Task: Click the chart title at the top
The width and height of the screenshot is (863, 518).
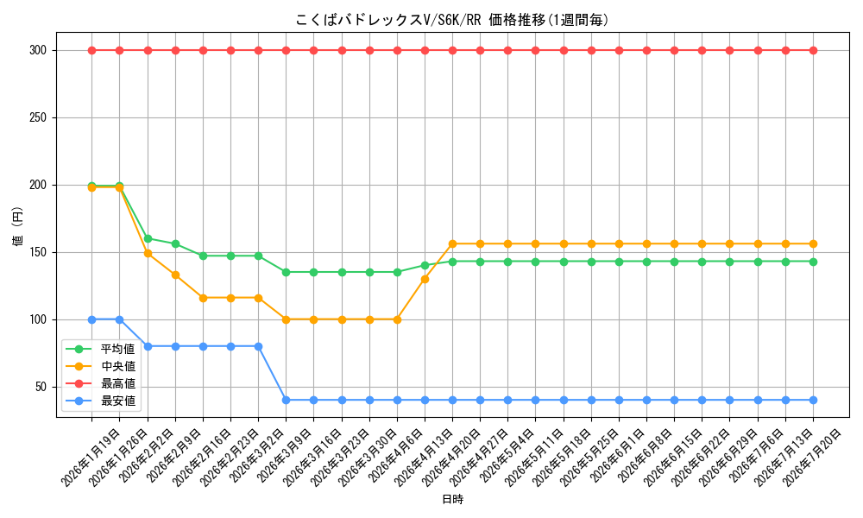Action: (x=452, y=21)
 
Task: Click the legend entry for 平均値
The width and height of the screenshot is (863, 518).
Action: (x=100, y=349)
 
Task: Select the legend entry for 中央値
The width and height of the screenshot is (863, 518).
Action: (x=100, y=366)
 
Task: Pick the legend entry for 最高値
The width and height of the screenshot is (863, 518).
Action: (x=100, y=383)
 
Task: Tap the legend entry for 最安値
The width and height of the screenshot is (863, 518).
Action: (x=100, y=401)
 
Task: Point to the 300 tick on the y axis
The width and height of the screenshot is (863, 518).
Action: (x=38, y=51)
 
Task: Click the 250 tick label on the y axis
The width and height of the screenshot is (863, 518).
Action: (x=38, y=117)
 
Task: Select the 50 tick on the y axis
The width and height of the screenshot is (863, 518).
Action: (x=41, y=387)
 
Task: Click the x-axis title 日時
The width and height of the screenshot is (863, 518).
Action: (x=452, y=499)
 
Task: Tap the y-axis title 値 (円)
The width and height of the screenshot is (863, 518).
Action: (x=18, y=226)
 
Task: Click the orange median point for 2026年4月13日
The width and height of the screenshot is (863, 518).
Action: (x=425, y=279)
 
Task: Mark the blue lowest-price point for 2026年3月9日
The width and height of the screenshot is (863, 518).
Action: (x=287, y=401)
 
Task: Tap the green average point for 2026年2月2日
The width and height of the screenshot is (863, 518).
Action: (x=148, y=239)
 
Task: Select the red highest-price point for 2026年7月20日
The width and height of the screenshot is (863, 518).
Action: (x=813, y=51)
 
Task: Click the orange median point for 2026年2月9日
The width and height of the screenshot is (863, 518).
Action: (x=175, y=275)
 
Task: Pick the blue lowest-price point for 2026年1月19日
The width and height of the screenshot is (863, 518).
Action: (x=92, y=319)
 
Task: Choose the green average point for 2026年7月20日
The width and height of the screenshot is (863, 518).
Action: (x=813, y=262)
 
